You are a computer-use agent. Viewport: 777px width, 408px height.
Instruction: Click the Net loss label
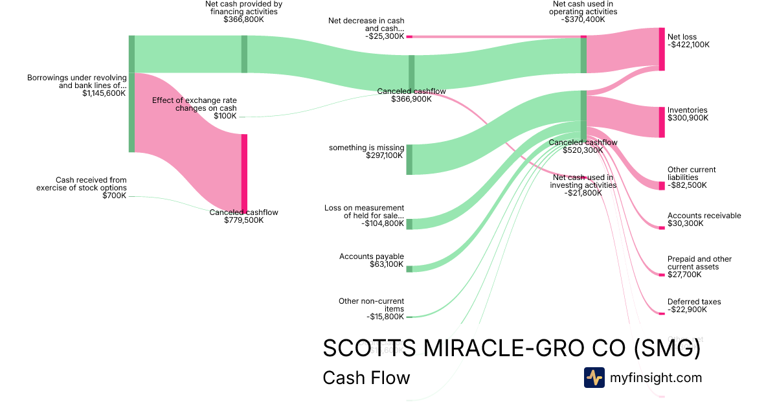pos(682,37)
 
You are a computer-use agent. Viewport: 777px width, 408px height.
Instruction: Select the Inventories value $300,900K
pos(688,118)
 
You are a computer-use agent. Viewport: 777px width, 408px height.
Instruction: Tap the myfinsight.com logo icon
pos(594,378)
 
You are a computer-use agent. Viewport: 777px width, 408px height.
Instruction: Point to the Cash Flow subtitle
pos(366,378)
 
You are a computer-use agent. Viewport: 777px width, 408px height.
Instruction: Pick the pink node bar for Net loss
pos(662,49)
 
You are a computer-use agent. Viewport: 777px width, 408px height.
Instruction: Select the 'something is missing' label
pos(366,148)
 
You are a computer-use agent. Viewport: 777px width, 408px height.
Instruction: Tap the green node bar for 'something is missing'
pos(409,159)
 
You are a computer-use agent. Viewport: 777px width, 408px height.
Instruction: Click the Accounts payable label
pos(372,256)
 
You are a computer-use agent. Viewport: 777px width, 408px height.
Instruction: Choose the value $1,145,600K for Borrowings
pos(104,93)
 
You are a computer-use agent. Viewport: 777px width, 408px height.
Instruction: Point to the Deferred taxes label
pos(694,302)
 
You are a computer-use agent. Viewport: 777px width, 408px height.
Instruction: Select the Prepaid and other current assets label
pos(699,263)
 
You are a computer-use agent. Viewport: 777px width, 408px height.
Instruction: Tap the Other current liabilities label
pos(692,174)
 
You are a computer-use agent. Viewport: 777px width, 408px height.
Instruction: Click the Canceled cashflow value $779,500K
pos(243,220)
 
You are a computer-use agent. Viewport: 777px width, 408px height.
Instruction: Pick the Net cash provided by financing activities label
pos(243,8)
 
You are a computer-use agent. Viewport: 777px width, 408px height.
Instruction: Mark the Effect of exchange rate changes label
pos(194,104)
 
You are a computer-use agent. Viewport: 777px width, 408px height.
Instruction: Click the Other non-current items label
pos(371,305)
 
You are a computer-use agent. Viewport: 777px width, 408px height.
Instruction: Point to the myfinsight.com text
pos(656,378)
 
